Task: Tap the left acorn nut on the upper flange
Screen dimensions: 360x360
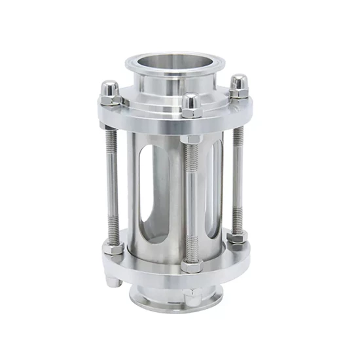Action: [x=111, y=91]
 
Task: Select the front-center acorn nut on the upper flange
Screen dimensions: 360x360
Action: [x=191, y=105]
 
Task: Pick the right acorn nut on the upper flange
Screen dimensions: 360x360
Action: [x=238, y=84]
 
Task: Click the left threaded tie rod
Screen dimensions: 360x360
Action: [x=113, y=183]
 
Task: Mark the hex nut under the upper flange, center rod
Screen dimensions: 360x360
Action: [x=191, y=139]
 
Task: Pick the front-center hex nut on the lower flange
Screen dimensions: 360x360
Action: [x=190, y=264]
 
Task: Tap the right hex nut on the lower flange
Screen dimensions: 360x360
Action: [x=237, y=237]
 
